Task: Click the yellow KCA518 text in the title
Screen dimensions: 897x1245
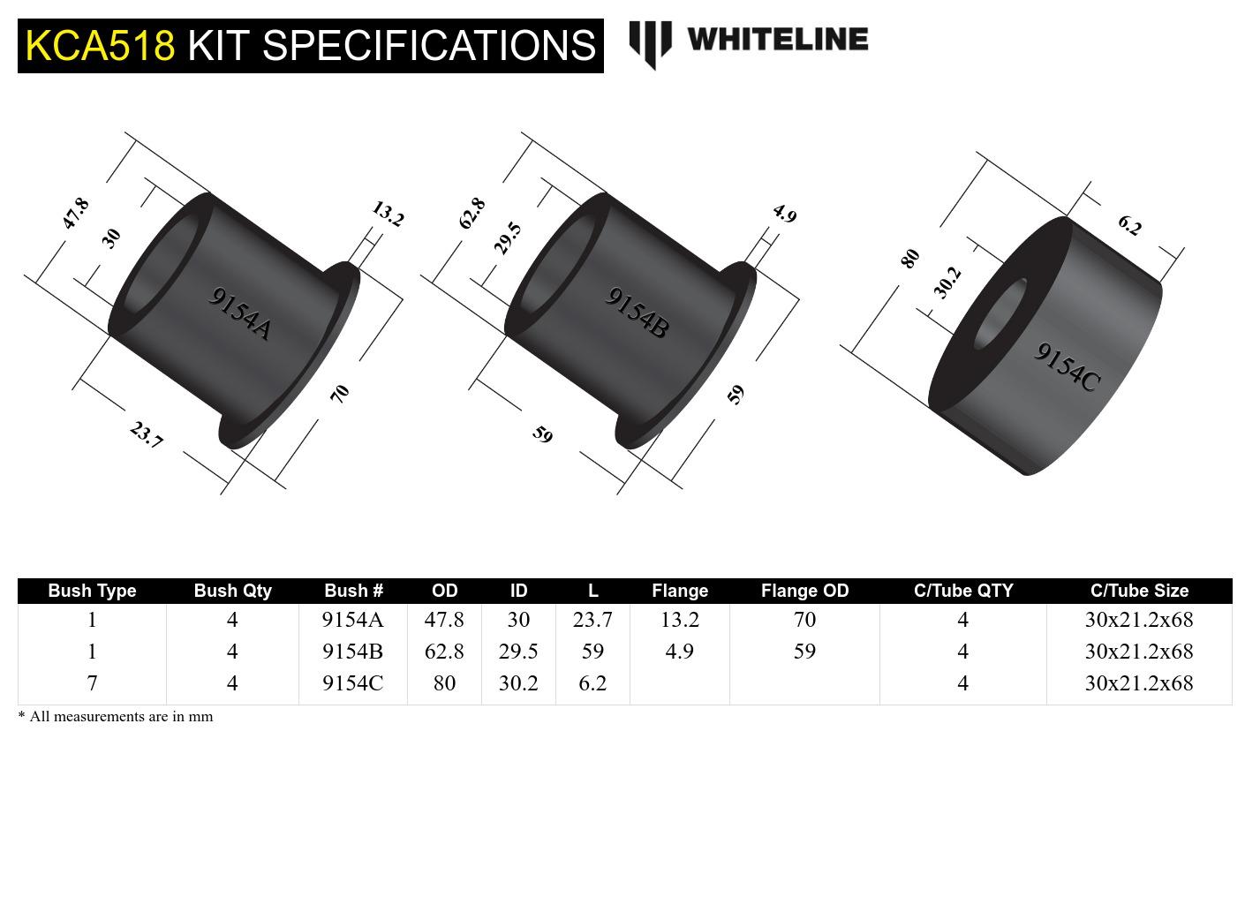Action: [100, 45]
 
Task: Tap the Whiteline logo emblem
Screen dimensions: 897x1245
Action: [650, 43]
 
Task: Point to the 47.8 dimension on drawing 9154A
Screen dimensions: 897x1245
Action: [76, 214]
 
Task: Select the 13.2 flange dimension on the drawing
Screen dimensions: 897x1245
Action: [388, 214]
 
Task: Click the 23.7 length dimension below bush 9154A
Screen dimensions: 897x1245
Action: [147, 434]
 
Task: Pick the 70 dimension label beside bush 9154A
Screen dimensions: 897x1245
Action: [340, 394]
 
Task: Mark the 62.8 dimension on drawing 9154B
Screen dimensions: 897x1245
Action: [472, 214]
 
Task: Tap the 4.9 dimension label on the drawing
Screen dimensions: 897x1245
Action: [784, 214]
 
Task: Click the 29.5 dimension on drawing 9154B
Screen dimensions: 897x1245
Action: [508, 238]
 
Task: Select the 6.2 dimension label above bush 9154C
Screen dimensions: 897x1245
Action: [1129, 225]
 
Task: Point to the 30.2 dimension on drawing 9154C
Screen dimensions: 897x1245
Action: [947, 283]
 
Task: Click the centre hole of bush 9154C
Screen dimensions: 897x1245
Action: [1000, 313]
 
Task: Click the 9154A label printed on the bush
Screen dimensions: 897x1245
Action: [239, 313]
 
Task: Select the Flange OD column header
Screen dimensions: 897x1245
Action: [804, 591]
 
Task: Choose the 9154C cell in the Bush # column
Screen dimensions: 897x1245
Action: [352, 683]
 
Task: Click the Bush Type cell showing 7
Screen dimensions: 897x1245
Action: [92, 683]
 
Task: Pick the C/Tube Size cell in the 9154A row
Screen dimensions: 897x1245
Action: [1138, 620]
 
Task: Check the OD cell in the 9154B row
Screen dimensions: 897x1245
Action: [444, 652]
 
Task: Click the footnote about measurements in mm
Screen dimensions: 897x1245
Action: [116, 717]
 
